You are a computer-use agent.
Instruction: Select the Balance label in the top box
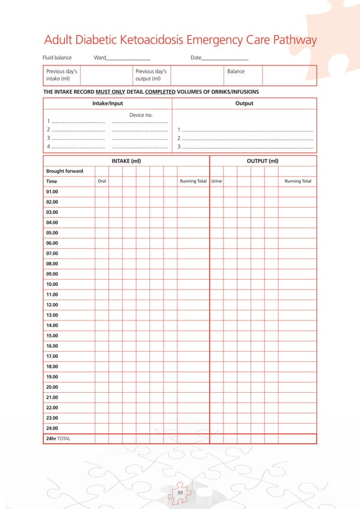(x=235, y=72)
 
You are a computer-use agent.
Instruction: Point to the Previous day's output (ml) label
(x=150, y=75)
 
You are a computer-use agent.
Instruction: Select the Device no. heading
(x=141, y=115)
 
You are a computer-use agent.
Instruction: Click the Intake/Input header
(x=107, y=103)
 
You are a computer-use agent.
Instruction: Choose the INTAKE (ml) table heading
(x=126, y=161)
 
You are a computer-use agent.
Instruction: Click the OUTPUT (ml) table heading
(x=263, y=161)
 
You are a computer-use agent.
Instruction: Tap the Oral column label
(x=102, y=182)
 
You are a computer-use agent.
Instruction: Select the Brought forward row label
(x=64, y=171)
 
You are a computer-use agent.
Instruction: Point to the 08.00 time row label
(x=52, y=264)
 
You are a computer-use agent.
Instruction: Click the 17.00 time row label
(x=52, y=356)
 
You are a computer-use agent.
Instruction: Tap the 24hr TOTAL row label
(x=59, y=438)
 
